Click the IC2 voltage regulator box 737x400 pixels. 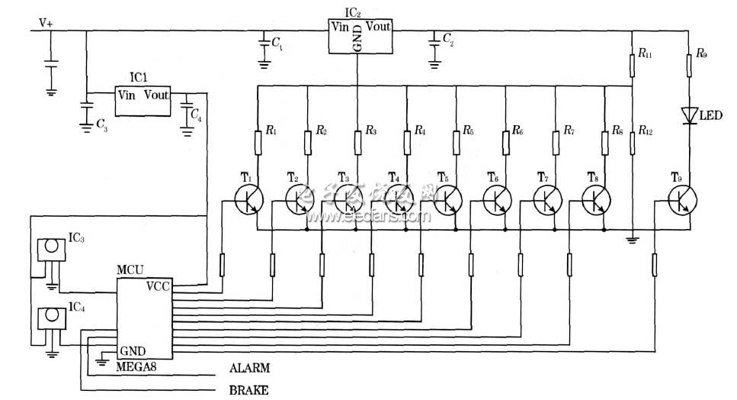pyautogui.click(x=360, y=35)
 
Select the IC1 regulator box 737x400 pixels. pyautogui.click(x=143, y=102)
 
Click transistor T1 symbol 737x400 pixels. pyautogui.click(x=248, y=200)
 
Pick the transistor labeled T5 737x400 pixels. pyautogui.click(x=446, y=200)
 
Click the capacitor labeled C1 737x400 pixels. pyautogui.click(x=264, y=45)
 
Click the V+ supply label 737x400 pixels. pyautogui.click(x=46, y=23)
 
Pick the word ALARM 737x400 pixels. pyautogui.click(x=250, y=367)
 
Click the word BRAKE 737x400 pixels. pyautogui.click(x=248, y=391)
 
